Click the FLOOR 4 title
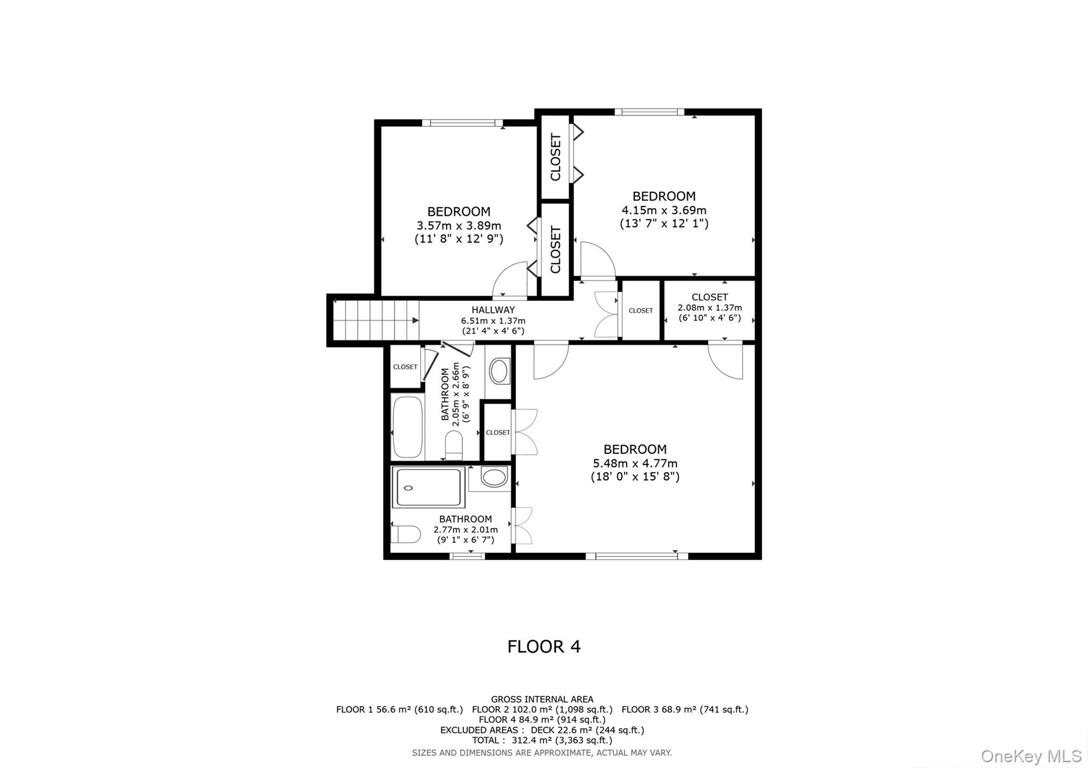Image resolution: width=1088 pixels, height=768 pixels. click(543, 646)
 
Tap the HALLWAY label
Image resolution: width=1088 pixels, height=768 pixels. click(493, 310)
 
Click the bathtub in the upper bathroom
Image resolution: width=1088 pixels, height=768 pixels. click(407, 427)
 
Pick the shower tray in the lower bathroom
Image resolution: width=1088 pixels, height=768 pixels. click(428, 487)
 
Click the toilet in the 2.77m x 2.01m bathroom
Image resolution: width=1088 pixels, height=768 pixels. click(405, 534)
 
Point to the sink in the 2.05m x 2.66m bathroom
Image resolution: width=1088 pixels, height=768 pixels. click(499, 370)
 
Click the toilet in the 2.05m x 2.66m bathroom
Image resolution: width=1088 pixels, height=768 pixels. click(454, 445)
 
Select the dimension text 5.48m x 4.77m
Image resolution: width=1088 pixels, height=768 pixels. click(635, 463)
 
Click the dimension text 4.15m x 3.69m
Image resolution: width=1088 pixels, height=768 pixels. click(664, 210)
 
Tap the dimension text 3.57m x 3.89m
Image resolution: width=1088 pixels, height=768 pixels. click(458, 226)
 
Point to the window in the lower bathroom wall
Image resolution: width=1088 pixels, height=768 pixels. click(467, 556)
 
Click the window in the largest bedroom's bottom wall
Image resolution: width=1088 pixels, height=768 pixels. click(636, 556)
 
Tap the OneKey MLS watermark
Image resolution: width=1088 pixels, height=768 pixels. click(1031, 756)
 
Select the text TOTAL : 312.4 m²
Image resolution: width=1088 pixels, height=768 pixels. click(542, 740)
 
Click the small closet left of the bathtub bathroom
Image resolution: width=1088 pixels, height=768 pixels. click(405, 367)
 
